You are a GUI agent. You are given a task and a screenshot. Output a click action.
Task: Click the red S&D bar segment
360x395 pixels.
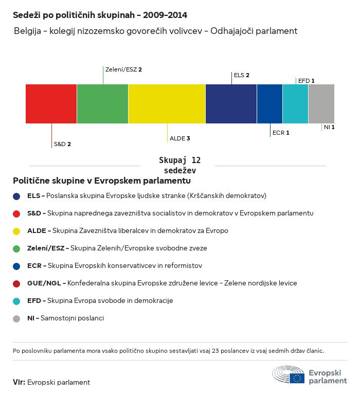pyautogui.click(x=51, y=104)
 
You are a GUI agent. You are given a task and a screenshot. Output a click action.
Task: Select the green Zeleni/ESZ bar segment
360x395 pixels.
pyautogui.click(x=103, y=104)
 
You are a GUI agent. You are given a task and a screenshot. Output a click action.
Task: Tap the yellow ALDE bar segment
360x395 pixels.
pyautogui.click(x=167, y=104)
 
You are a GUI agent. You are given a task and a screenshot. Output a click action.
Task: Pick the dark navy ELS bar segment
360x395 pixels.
pyautogui.click(x=231, y=104)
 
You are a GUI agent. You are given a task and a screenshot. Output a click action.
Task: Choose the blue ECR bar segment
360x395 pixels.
pyautogui.click(x=269, y=104)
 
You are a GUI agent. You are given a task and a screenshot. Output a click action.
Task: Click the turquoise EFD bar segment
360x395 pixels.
pyautogui.click(x=295, y=104)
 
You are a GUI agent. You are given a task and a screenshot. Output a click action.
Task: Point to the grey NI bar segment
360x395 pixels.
pyautogui.click(x=321, y=104)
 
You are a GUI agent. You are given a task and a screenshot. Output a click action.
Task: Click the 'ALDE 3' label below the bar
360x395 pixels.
pyautogui.click(x=180, y=138)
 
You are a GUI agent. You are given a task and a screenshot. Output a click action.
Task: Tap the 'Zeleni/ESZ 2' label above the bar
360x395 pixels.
pyautogui.click(x=123, y=69)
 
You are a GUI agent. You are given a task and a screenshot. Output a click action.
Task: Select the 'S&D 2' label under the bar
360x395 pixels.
pyautogui.click(x=62, y=144)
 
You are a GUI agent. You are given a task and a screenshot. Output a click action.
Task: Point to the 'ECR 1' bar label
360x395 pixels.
pyautogui.click(x=281, y=133)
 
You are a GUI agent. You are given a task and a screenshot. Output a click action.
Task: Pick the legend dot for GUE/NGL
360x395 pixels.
pyautogui.click(x=17, y=283)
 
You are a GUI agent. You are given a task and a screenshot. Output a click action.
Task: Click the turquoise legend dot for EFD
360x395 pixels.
pyautogui.click(x=17, y=301)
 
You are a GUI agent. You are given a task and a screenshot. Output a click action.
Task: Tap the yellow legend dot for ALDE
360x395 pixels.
pyautogui.click(x=17, y=231)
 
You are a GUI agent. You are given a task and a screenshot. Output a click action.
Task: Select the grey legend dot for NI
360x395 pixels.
pyautogui.click(x=17, y=318)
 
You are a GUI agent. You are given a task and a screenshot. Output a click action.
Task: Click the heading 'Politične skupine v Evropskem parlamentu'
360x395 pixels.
pyautogui.click(x=102, y=181)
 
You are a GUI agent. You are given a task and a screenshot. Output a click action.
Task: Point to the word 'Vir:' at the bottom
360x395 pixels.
pyautogui.click(x=19, y=382)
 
